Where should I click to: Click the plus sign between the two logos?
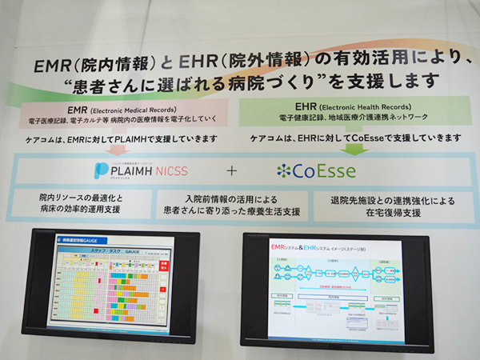[232, 170]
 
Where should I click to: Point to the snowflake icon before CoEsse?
[282, 170]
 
